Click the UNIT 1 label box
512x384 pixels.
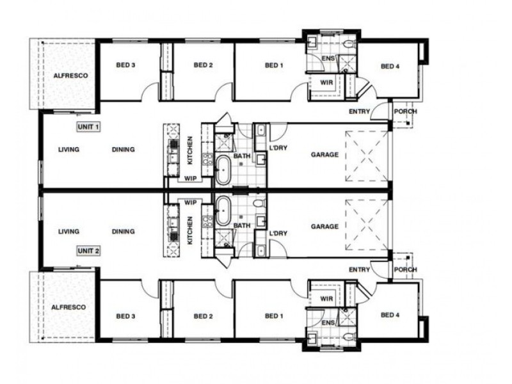click(x=88, y=127)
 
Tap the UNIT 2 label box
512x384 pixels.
click(x=88, y=251)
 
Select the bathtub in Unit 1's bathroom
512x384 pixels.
click(x=223, y=170)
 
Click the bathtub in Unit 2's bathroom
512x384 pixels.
click(x=223, y=211)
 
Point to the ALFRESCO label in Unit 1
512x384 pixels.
click(x=70, y=76)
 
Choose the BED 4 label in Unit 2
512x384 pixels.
click(x=390, y=315)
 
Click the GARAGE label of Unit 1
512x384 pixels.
click(x=324, y=154)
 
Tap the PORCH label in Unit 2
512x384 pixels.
click(x=405, y=269)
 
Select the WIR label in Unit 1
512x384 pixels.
click(x=326, y=83)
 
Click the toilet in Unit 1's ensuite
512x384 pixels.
click(x=349, y=43)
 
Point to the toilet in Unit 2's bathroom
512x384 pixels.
click(x=259, y=204)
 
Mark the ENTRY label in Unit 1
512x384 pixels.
click(x=359, y=111)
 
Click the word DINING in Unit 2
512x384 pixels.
click(x=123, y=232)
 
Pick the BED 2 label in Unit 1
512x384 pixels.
click(x=203, y=65)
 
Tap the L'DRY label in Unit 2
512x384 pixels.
click(x=278, y=234)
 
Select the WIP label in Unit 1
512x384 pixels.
click(x=190, y=179)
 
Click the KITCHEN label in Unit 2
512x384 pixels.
click(x=189, y=231)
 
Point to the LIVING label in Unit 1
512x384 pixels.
click(x=68, y=150)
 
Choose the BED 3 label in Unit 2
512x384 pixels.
click(x=125, y=316)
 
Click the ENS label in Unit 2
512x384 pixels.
click(x=328, y=323)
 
